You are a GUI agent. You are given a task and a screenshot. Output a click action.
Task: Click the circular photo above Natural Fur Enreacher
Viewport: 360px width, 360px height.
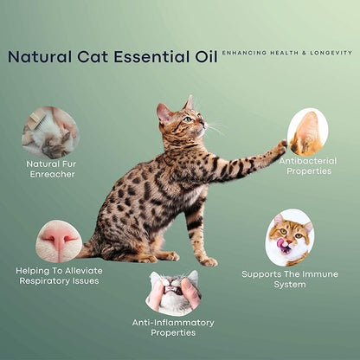50,132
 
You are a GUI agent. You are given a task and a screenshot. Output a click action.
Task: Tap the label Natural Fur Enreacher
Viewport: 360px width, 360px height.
50,168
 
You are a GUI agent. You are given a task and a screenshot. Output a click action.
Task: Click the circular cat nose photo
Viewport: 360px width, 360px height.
59,241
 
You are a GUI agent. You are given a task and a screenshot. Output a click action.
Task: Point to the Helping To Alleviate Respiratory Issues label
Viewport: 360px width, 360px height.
59,275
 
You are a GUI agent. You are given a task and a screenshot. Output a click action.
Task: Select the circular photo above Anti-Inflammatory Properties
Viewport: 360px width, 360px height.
173,292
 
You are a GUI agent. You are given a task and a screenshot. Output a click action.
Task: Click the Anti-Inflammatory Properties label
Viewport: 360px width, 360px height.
173,327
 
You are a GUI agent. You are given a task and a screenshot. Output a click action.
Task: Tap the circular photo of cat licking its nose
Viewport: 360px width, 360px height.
290,236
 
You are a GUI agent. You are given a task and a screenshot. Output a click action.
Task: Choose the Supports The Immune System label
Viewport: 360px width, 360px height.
290,279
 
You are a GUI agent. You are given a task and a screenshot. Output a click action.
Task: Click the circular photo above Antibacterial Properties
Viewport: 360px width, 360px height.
307,132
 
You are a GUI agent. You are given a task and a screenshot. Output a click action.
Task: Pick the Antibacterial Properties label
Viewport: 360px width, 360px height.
307,165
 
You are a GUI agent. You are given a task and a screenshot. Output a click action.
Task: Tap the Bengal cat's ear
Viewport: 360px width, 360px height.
162,112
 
